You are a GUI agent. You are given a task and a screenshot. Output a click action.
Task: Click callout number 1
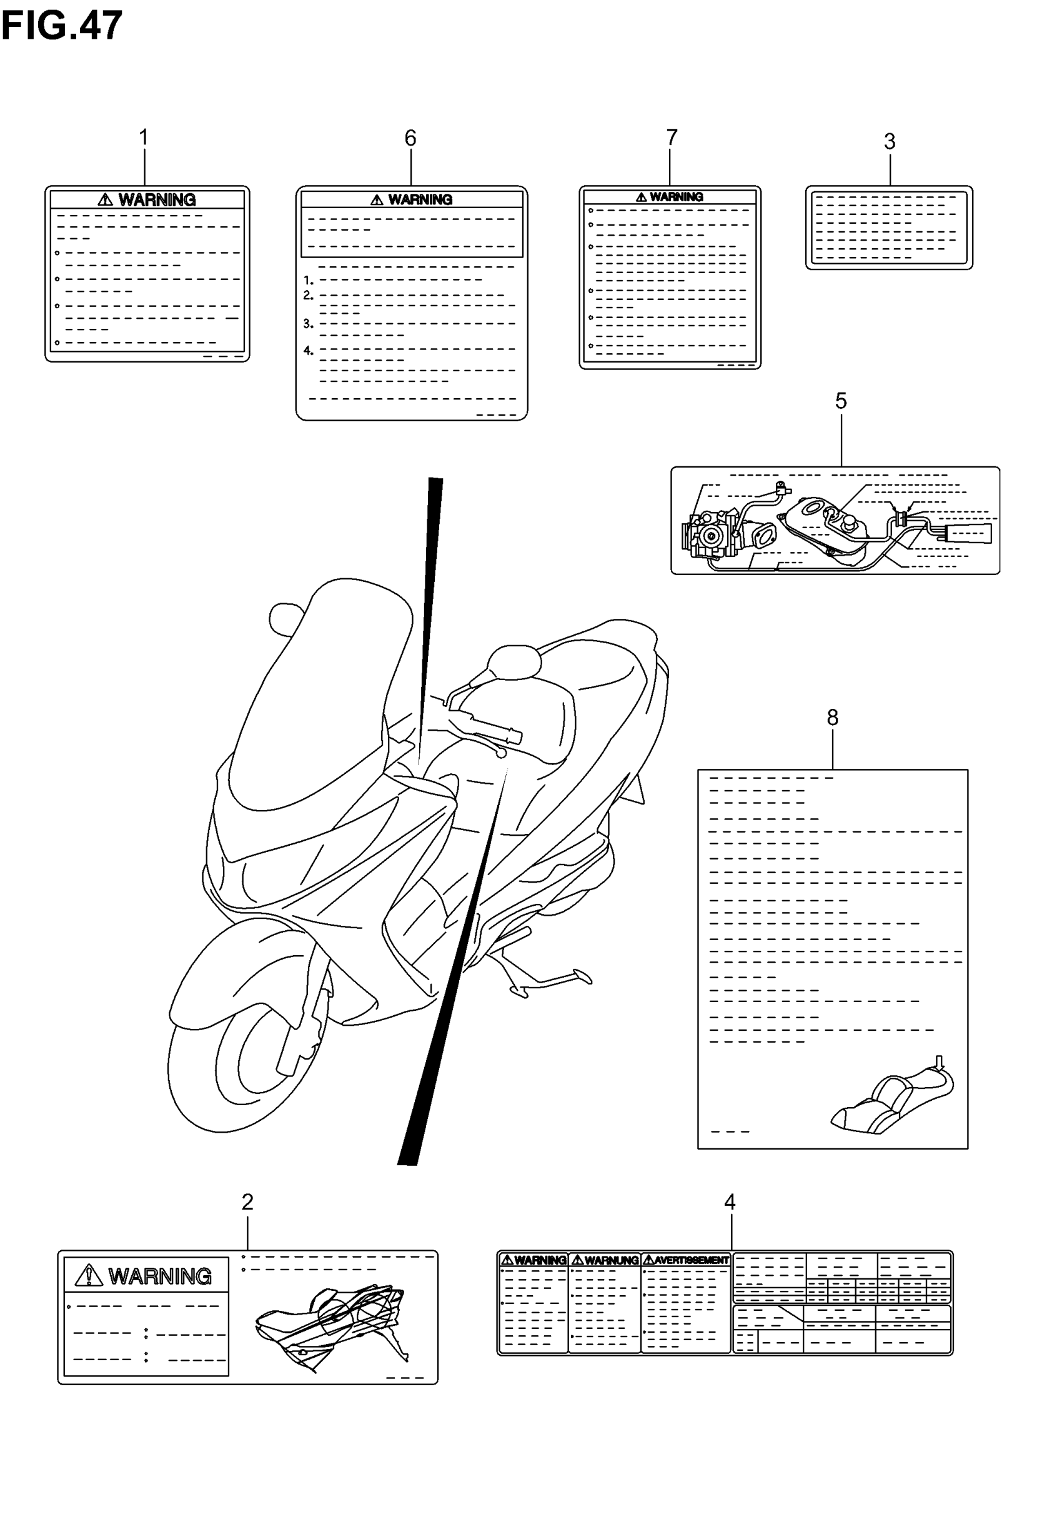pyautogui.click(x=144, y=138)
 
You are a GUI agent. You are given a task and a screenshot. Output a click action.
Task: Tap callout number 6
pyautogui.click(x=410, y=138)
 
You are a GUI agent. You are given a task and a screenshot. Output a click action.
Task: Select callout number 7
pyautogui.click(x=672, y=137)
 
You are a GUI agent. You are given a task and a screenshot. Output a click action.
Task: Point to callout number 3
pyautogui.click(x=890, y=141)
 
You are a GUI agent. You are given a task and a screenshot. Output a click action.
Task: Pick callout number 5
pyautogui.click(x=841, y=401)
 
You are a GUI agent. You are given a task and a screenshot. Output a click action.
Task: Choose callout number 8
pyautogui.click(x=833, y=717)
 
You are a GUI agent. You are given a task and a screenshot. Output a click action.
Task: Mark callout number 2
pyautogui.click(x=247, y=1201)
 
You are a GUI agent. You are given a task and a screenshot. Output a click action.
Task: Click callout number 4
pyautogui.click(x=730, y=1201)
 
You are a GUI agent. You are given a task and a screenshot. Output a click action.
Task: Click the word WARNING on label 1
pyautogui.click(x=157, y=199)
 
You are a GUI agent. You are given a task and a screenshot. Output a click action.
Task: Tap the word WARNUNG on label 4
pyautogui.click(x=612, y=1260)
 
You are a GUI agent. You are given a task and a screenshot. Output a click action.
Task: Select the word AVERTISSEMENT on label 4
pyautogui.click(x=692, y=1260)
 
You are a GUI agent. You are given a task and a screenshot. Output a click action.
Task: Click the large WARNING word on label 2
pyautogui.click(x=160, y=1276)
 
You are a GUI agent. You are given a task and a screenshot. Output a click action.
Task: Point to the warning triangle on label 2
pyautogui.click(x=89, y=1275)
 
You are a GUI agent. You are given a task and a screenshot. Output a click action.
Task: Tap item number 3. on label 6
pyautogui.click(x=308, y=324)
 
